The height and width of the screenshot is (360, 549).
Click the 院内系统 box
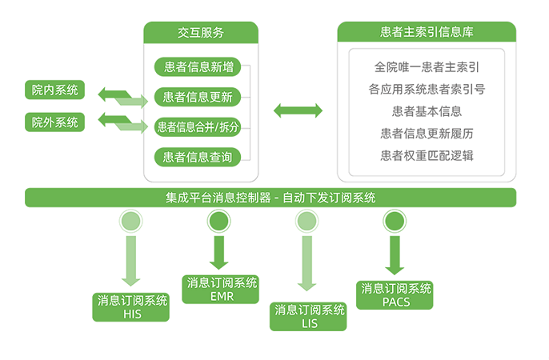(x=54, y=90)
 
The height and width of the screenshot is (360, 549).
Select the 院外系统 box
(x=54, y=122)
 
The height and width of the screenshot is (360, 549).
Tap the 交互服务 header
(x=201, y=33)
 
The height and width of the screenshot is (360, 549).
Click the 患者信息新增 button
(x=198, y=67)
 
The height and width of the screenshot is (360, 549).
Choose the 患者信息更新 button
(x=198, y=98)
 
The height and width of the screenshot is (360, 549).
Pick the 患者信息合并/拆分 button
(x=198, y=127)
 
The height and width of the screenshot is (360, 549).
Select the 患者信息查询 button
(x=198, y=157)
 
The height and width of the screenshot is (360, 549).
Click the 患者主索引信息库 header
(x=427, y=33)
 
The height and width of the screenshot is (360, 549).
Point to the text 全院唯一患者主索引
(x=427, y=66)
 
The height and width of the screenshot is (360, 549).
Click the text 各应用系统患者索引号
(x=427, y=89)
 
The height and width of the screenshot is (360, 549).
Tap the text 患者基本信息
(x=427, y=111)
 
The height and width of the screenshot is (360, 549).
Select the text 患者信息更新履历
(x=427, y=134)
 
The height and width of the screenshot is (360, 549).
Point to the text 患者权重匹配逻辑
(x=427, y=156)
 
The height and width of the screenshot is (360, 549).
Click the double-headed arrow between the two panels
(x=299, y=110)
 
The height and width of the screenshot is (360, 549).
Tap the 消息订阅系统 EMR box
(x=221, y=289)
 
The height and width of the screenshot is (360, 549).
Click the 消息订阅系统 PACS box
(x=396, y=294)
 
